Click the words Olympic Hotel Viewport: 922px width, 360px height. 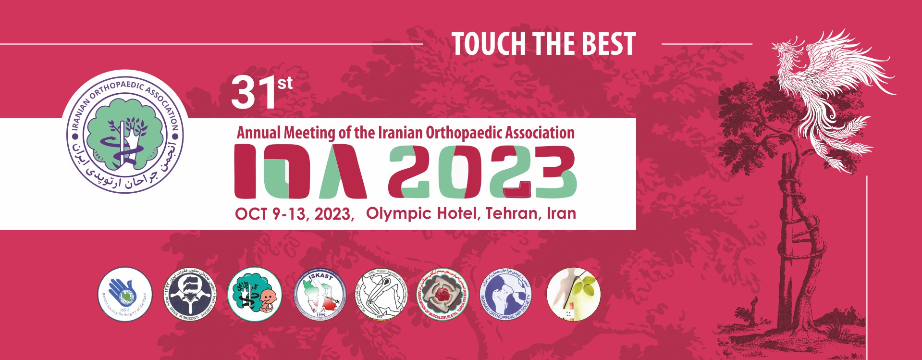423,213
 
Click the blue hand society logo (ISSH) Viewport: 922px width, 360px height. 125,294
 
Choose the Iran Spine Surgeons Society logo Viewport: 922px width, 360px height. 191,294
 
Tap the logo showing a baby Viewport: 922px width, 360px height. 254,294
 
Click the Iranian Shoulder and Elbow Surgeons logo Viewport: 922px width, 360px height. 381,294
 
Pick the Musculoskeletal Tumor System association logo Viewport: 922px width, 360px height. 443,294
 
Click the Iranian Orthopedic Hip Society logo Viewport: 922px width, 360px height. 506,294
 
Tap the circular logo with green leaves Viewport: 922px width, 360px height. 574,294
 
